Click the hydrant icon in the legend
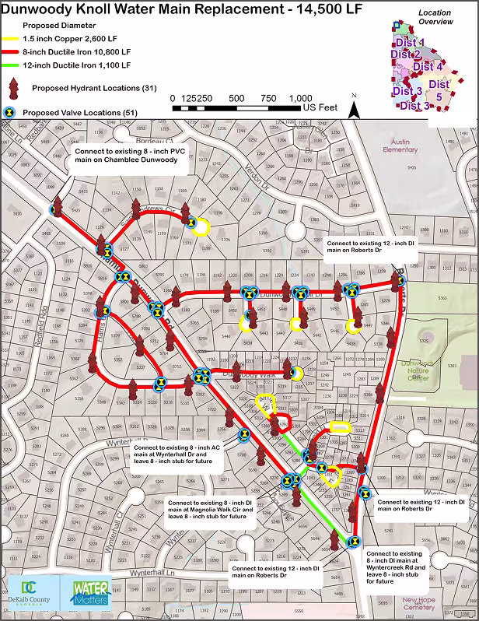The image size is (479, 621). pyautogui.click(x=14, y=87)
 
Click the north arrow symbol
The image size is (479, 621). pyautogui.click(x=354, y=108)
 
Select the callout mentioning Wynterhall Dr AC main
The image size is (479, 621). pyautogui.click(x=177, y=458)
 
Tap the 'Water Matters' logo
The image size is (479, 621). pyautogui.click(x=91, y=597)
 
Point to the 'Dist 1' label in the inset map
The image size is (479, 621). pyautogui.click(x=410, y=43)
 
